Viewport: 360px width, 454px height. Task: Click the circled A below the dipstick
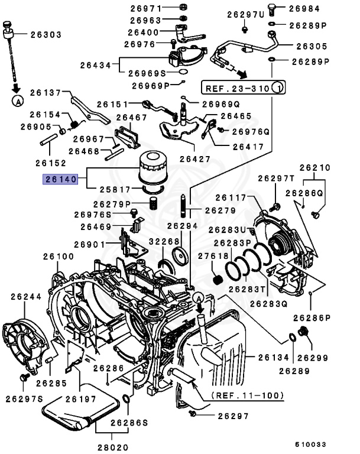pyautogui.click(x=18, y=101)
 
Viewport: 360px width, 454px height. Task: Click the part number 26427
pyautogui.click(x=194, y=158)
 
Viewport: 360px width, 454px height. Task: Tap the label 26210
pyautogui.click(x=315, y=167)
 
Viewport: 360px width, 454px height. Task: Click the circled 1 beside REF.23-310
pyautogui.click(x=278, y=89)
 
